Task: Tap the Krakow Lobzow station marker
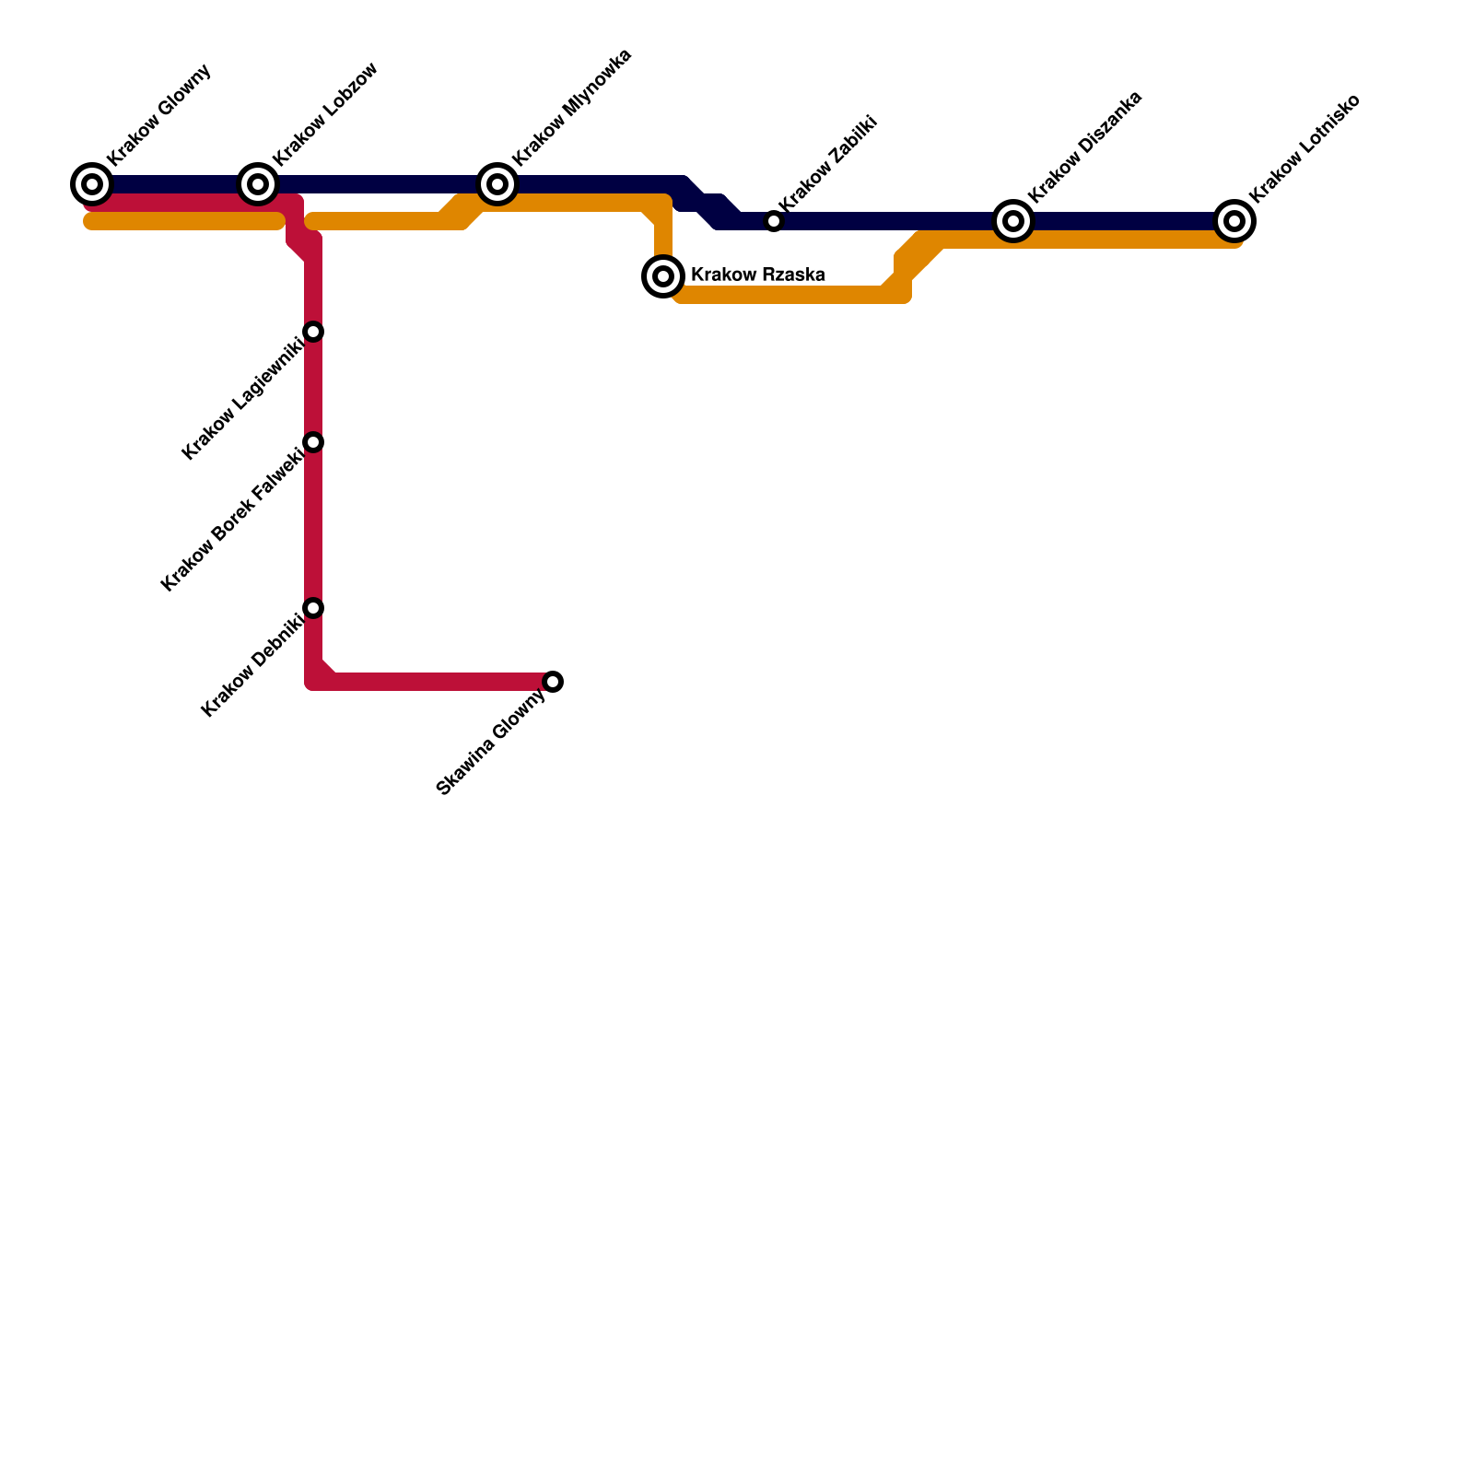coord(258,184)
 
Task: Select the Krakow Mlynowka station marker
coord(497,184)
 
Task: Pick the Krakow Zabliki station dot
coord(774,221)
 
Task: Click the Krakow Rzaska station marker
coord(663,275)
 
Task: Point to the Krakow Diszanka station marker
coord(1013,221)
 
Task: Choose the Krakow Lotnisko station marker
coord(1234,221)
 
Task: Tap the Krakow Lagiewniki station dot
coord(313,332)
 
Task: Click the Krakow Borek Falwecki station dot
coord(313,442)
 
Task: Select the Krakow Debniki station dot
coord(313,608)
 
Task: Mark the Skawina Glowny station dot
coord(553,682)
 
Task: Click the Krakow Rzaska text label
coord(757,275)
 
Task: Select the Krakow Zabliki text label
coord(827,163)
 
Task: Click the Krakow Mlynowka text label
coord(571,108)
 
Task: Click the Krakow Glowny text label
coord(159,115)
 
